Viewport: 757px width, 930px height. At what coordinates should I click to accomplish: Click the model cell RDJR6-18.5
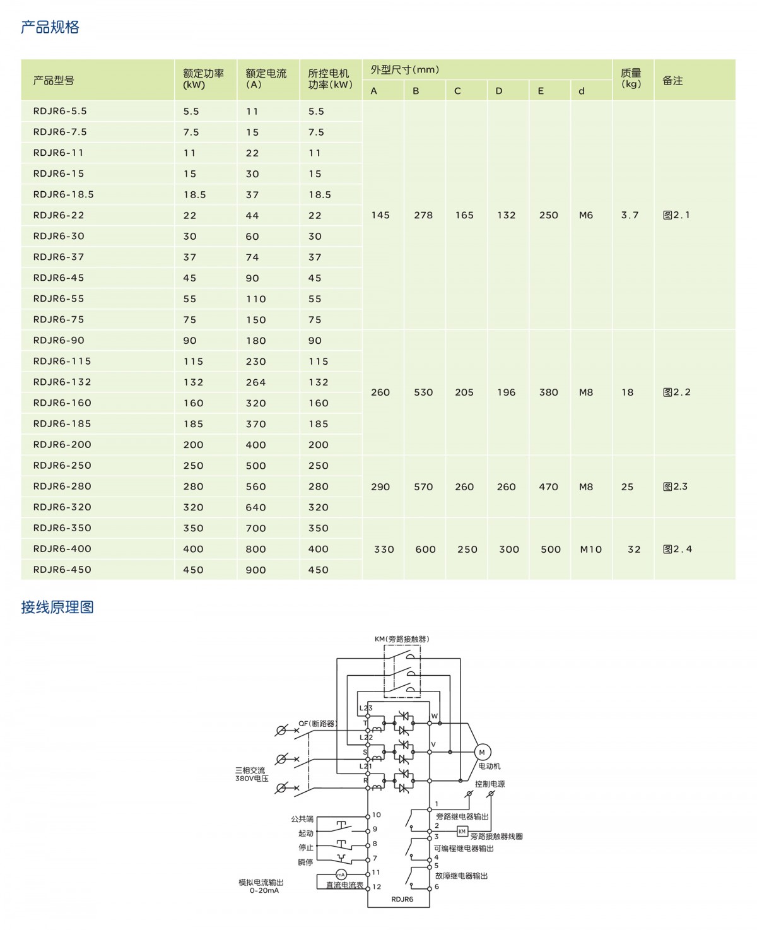[63, 194]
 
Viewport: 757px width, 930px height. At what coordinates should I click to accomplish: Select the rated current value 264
[255, 382]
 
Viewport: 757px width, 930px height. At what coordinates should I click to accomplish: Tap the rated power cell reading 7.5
[191, 132]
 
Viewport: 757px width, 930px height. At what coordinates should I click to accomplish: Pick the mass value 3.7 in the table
[630, 215]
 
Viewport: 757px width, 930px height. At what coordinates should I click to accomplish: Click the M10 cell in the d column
[590, 550]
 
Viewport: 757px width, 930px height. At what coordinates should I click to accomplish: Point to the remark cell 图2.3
[675, 486]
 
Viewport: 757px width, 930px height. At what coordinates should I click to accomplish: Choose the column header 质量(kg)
[631, 79]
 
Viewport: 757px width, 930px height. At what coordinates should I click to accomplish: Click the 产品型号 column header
[54, 81]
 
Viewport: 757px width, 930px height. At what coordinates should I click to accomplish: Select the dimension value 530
[423, 392]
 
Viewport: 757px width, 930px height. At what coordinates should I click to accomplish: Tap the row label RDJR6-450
[62, 570]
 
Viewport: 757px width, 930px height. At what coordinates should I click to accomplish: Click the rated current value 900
[255, 570]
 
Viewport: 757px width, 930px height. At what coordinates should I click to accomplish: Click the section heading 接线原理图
[57, 607]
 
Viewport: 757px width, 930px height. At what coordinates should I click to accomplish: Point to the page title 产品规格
[50, 27]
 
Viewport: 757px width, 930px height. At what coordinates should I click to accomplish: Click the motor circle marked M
[482, 752]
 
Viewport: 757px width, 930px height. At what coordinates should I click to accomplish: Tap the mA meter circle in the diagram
[341, 874]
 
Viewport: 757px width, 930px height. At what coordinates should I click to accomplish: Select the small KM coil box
[462, 832]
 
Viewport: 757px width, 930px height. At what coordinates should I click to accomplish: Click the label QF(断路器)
[317, 724]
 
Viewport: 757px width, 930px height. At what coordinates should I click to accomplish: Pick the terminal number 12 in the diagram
[377, 886]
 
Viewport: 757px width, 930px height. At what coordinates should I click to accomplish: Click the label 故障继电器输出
[461, 876]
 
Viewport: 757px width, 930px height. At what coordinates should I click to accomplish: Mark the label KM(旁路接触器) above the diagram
[402, 639]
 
